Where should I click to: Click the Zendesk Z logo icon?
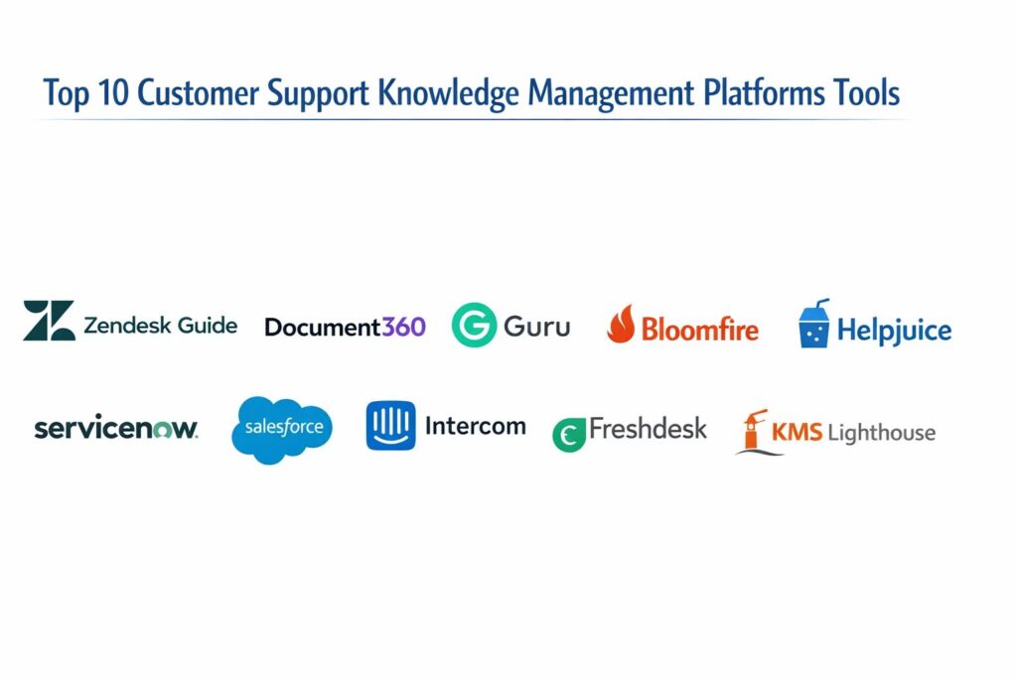(49, 321)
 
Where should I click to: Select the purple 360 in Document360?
(403, 327)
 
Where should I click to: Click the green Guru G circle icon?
(474, 325)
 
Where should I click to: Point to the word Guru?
(536, 326)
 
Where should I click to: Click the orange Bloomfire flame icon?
(621, 325)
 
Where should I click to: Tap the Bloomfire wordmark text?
(700, 329)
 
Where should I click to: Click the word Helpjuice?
(894, 331)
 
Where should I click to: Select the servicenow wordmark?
(116, 429)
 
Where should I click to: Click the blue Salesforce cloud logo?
(282, 429)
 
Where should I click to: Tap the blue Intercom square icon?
(391, 426)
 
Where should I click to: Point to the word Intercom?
(476, 427)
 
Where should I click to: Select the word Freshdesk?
(648, 429)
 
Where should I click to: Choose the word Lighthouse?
(881, 434)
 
